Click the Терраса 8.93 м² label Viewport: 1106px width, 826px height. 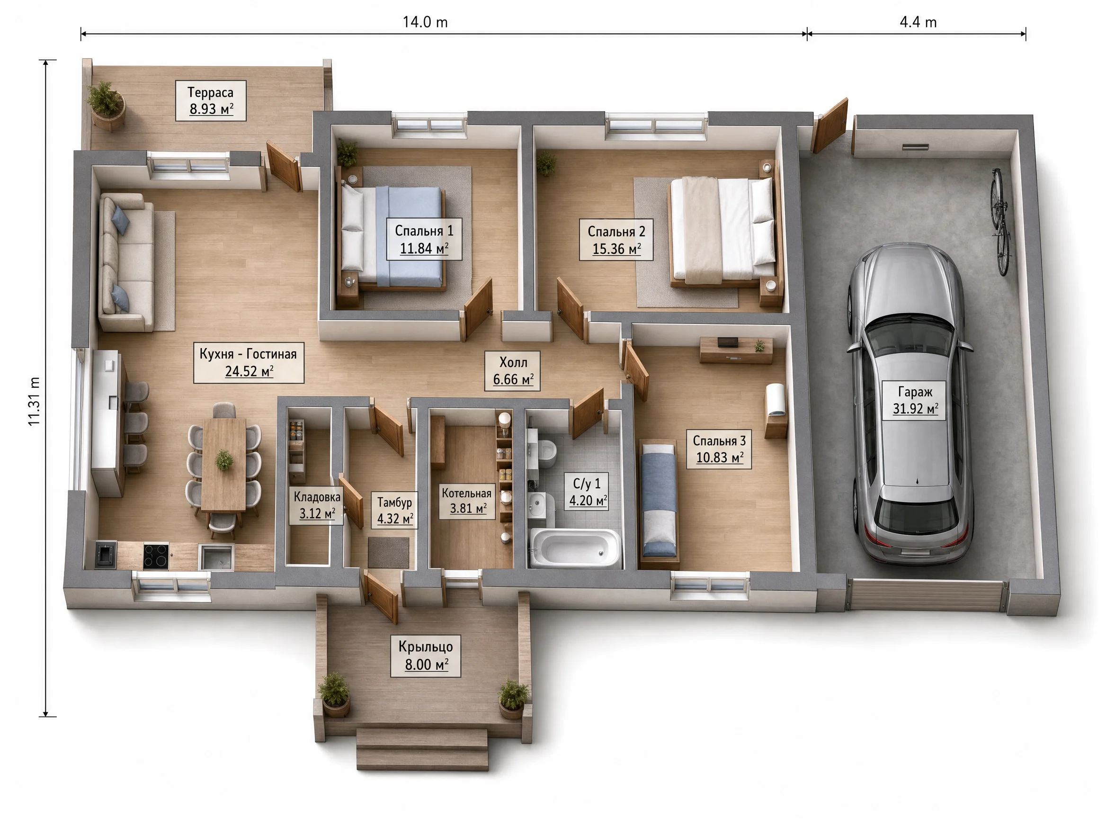pyautogui.click(x=210, y=100)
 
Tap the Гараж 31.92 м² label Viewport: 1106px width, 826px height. pyautogui.click(x=914, y=400)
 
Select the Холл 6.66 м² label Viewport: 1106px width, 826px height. pyautogui.click(x=512, y=370)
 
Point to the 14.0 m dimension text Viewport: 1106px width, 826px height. pyautogui.click(x=425, y=22)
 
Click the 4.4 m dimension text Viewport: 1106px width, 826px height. pyautogui.click(x=918, y=22)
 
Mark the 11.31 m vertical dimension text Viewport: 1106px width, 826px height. pyautogui.click(x=34, y=402)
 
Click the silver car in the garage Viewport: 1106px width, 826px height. pyautogui.click(x=910, y=403)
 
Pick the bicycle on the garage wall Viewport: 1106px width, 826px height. pyautogui.click(x=1000, y=221)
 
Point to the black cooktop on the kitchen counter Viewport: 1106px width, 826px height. pyautogui.click(x=156, y=556)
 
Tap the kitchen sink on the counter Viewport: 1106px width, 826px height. pyautogui.click(x=216, y=557)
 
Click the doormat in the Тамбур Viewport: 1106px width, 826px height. pyautogui.click(x=388, y=553)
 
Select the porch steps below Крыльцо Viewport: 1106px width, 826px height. pyautogui.click(x=422, y=749)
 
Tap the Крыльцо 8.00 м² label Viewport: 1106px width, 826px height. pyautogui.click(x=425, y=656)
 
